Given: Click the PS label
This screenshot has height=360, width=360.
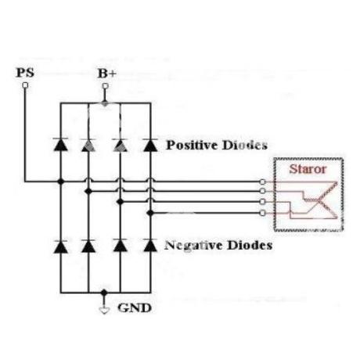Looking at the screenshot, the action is click(x=25, y=73).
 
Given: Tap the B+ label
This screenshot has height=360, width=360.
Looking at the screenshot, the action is click(x=107, y=74).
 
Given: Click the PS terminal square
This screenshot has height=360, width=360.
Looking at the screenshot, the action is click(x=25, y=85).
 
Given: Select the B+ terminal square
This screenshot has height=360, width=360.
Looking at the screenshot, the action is click(x=105, y=86).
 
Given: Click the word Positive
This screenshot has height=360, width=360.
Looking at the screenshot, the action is click(x=193, y=146).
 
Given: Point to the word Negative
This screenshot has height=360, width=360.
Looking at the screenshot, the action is click(x=194, y=246).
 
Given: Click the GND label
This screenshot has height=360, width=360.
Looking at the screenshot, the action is click(x=135, y=308).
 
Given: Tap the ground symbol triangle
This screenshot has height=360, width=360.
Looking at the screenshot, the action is click(x=104, y=311).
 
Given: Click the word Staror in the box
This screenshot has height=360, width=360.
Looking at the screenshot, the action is click(x=308, y=169).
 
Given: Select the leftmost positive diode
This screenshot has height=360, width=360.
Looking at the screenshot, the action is click(x=60, y=145).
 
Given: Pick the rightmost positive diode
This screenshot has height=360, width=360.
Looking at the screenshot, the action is click(x=150, y=145).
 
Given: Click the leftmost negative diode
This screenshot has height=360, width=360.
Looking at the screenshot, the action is click(x=60, y=247).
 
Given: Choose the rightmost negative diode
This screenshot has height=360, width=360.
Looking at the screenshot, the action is click(x=150, y=246).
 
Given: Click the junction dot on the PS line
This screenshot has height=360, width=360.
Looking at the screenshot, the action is click(x=60, y=182).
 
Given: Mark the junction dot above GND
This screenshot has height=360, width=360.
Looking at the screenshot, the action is click(x=104, y=293).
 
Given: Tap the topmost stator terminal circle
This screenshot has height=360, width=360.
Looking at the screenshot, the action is click(x=263, y=182).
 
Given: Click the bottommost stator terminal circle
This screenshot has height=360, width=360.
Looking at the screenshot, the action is click(x=263, y=213).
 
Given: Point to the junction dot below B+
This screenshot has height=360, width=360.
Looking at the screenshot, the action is click(x=105, y=103).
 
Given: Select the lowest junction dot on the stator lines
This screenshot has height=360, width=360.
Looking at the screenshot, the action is click(x=150, y=213).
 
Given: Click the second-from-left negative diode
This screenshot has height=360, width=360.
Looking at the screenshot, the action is click(x=88, y=247).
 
